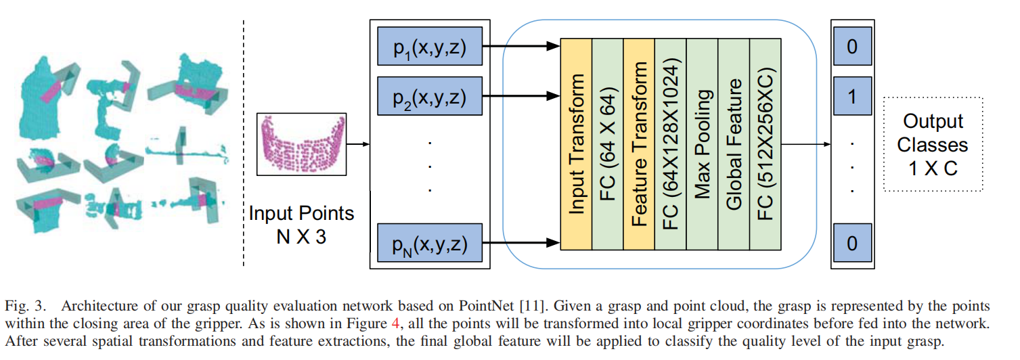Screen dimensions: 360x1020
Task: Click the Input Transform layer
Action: (x=576, y=144)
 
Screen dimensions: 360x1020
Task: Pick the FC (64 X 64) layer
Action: (x=607, y=144)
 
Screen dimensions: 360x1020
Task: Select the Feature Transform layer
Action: (x=639, y=144)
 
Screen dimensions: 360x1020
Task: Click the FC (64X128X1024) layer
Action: (x=670, y=144)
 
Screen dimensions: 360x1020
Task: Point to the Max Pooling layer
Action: (x=702, y=144)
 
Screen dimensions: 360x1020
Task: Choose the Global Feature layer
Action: (x=734, y=144)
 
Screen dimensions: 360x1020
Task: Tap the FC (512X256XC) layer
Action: (x=765, y=144)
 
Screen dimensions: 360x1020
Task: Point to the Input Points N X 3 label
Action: (x=301, y=225)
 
